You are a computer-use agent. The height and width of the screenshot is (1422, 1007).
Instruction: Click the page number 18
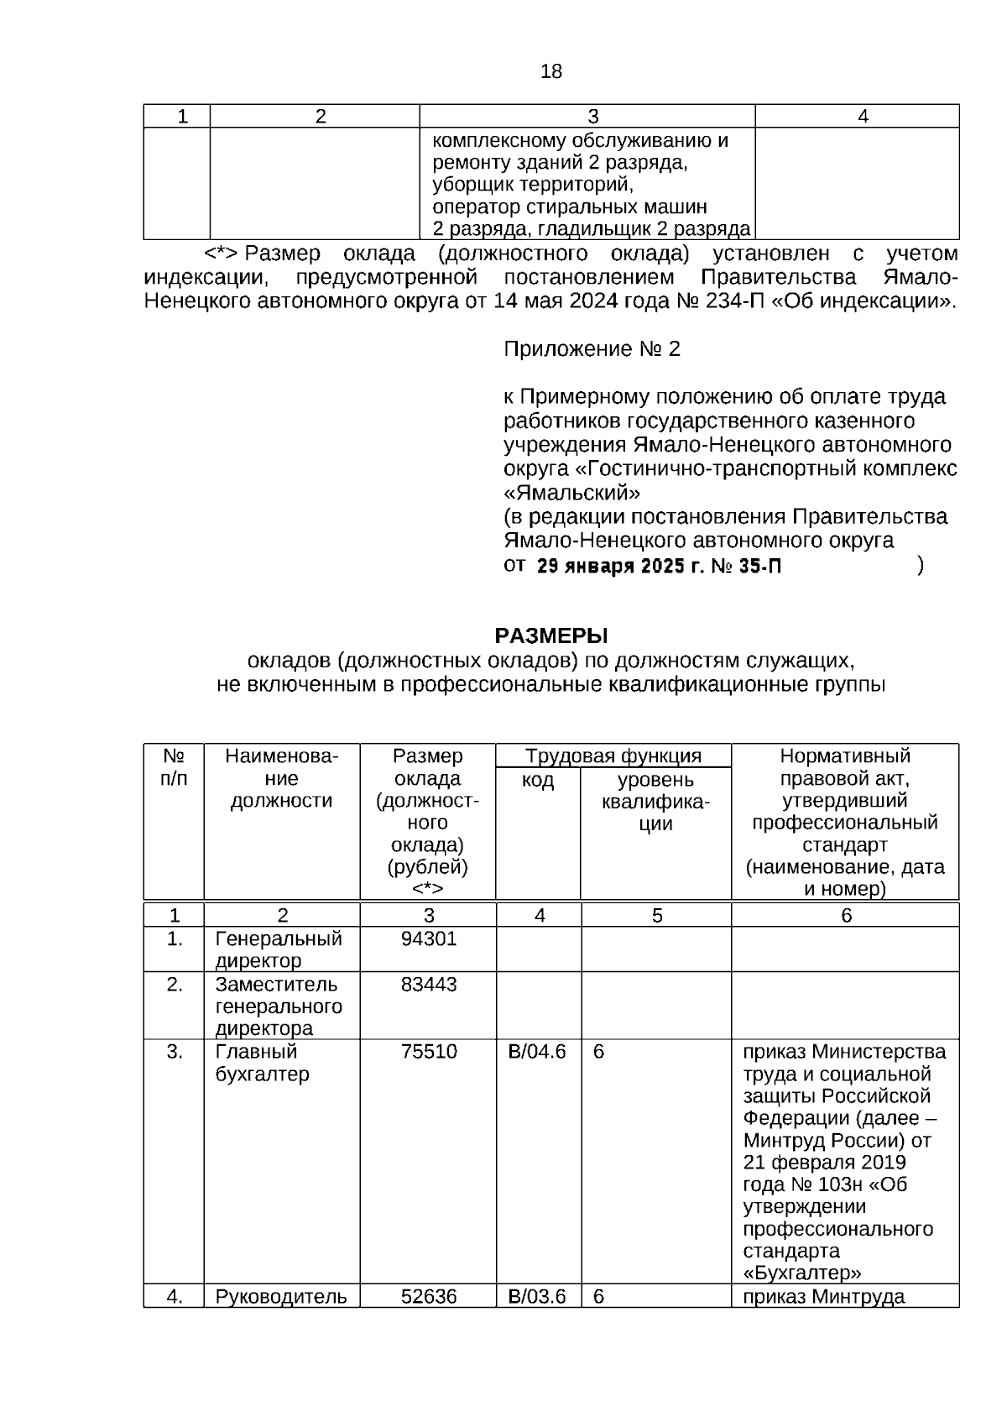[551, 72]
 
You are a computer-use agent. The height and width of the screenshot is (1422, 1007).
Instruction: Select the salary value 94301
[429, 938]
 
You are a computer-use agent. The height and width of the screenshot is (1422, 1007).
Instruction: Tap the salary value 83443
[429, 984]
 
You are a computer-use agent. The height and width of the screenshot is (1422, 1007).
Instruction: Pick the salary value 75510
[429, 1052]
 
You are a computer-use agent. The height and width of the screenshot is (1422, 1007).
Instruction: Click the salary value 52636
[429, 1297]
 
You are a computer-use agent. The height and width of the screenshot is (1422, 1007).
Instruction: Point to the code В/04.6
[537, 1052]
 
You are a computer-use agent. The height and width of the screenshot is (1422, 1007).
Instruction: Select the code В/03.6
[537, 1297]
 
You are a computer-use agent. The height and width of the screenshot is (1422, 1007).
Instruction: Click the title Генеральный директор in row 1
[279, 949]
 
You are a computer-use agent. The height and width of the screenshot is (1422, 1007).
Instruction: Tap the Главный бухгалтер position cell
[262, 1063]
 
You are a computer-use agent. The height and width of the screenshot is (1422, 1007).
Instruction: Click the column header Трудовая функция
[613, 755]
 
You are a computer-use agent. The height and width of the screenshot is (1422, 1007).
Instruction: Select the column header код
[538, 781]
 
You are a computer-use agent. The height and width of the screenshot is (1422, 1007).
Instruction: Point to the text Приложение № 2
[592, 349]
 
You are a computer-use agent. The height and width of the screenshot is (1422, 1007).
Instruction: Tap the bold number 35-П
[760, 567]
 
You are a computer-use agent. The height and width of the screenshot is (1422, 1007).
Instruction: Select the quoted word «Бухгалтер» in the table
[802, 1273]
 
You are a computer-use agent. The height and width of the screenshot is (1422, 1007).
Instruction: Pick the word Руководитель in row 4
[281, 1297]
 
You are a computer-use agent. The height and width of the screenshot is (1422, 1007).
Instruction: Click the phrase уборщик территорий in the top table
[532, 185]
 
